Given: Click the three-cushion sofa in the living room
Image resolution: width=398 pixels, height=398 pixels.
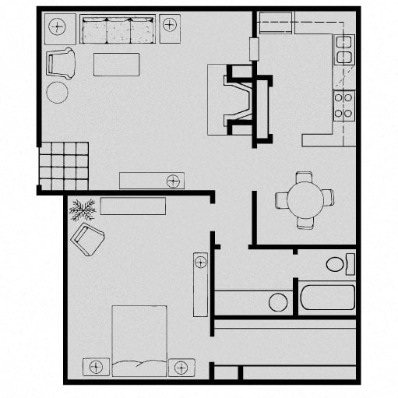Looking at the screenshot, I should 118,30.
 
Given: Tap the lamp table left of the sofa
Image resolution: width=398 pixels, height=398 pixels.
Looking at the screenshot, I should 58,28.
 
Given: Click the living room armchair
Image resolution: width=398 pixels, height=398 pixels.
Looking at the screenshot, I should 60,62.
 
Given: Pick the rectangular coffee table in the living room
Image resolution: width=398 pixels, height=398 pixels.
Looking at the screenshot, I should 116,64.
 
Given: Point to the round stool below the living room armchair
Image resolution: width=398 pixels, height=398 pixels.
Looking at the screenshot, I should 57,92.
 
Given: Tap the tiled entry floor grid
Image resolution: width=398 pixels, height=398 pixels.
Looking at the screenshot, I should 63,165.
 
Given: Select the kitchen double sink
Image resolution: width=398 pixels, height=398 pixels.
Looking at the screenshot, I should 343,50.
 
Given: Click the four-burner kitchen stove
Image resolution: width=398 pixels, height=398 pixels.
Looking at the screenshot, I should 343,105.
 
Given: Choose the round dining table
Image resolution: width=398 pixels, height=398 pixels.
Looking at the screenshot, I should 305,199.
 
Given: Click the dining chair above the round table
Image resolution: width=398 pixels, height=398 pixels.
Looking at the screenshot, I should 305,178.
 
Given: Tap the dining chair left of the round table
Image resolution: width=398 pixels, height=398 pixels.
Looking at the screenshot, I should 281,200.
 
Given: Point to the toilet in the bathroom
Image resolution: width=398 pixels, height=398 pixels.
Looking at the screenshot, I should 338,264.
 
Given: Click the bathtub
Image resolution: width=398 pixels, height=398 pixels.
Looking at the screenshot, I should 327,297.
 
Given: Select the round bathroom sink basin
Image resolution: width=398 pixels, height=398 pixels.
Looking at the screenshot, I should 277,301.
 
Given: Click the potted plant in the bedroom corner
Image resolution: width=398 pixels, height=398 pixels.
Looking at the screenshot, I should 82,209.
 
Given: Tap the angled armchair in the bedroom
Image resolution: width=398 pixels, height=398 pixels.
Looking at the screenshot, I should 87,240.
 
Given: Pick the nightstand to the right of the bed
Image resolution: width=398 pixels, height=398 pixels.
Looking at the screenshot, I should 181,366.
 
